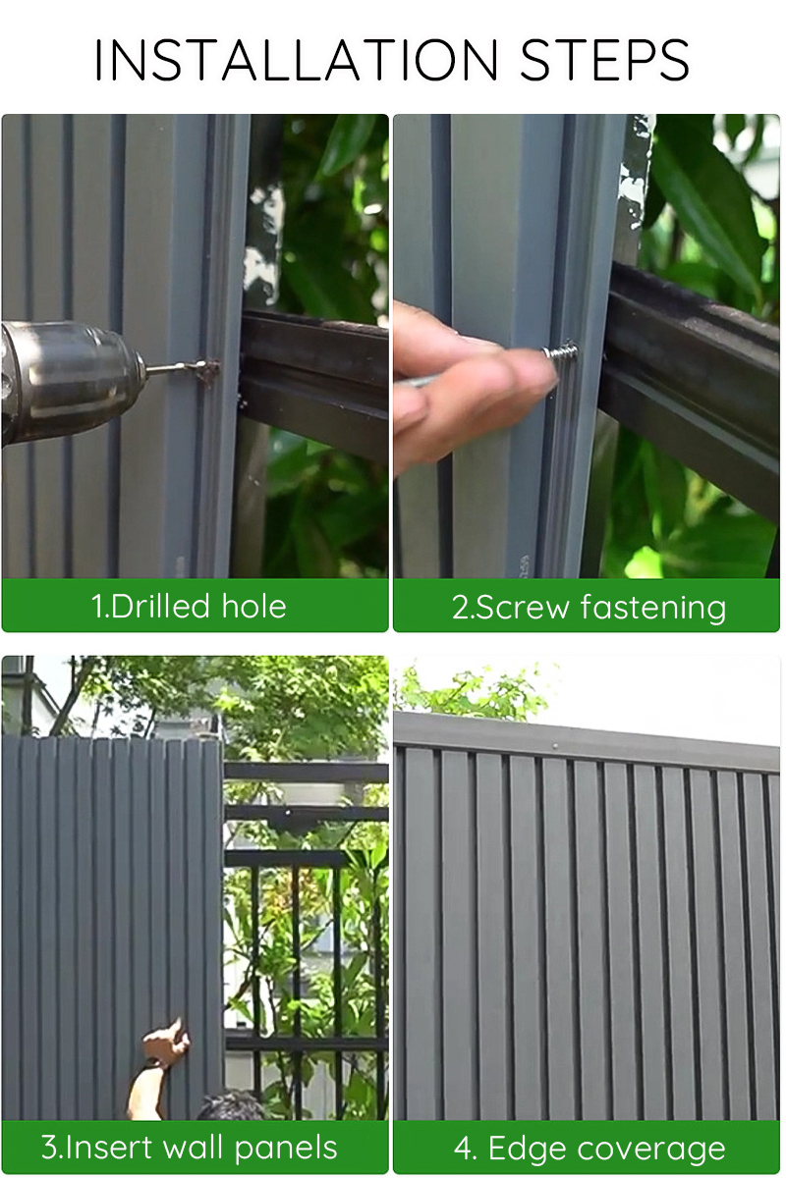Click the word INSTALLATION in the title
tap(298, 60)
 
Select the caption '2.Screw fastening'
tap(589, 607)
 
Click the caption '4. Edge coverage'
tap(589, 1148)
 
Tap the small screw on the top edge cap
tap(555, 746)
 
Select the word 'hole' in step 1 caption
tap(253, 606)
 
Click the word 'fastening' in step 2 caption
tap(652, 607)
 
